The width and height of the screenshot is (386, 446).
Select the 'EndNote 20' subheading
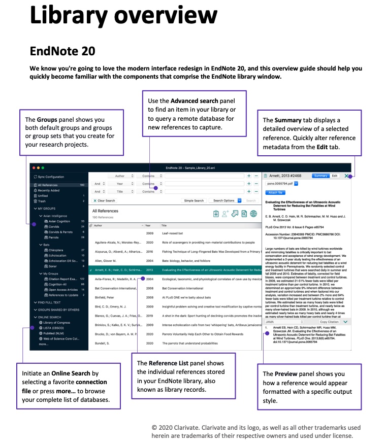tap(62, 52)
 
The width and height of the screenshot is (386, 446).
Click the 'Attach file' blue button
tap(275, 193)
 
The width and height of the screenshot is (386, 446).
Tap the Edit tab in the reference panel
tap(335, 176)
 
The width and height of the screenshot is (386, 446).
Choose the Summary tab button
tap(320, 176)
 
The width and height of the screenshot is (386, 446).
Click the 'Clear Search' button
tap(105, 200)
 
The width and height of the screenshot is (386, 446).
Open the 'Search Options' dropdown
tap(224, 200)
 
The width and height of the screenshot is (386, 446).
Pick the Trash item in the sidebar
tap(42, 201)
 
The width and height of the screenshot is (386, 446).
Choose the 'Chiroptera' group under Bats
tap(56, 250)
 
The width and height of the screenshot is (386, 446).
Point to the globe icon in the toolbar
tap(253, 214)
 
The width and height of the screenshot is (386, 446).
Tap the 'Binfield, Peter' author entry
tap(105, 297)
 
